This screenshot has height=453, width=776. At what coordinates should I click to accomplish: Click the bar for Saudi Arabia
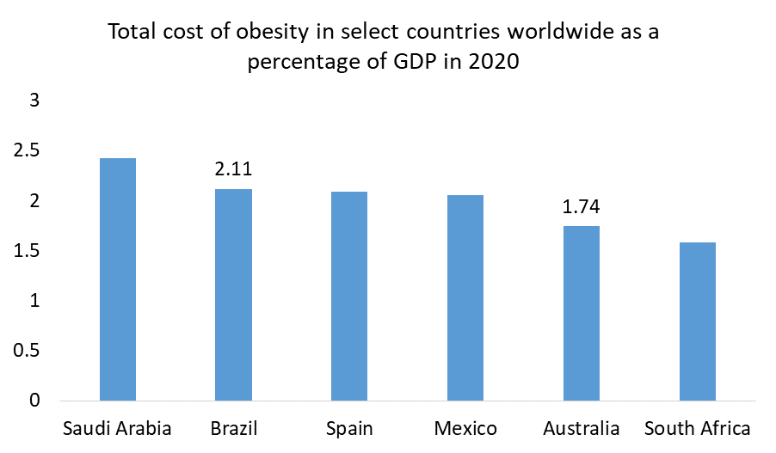click(x=118, y=279)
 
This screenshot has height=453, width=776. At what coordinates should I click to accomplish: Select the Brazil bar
click(x=233, y=295)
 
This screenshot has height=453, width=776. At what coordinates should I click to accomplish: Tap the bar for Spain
click(x=349, y=296)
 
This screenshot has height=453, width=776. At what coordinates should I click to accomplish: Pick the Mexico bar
click(x=465, y=297)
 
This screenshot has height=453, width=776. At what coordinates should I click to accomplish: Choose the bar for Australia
click(x=581, y=313)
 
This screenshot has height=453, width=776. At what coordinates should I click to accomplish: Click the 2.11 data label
click(x=233, y=169)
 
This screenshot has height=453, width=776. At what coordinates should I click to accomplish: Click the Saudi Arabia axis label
click(x=118, y=428)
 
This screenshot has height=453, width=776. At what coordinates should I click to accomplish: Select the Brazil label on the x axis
click(x=233, y=428)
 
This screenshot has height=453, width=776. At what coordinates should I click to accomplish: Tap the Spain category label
click(x=349, y=428)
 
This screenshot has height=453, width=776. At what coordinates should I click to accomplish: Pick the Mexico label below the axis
click(x=465, y=428)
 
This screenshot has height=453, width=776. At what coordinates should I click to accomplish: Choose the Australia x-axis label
click(x=581, y=428)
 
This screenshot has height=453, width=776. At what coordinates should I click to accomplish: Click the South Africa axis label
click(x=697, y=428)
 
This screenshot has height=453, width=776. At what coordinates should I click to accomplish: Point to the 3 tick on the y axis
click(x=35, y=101)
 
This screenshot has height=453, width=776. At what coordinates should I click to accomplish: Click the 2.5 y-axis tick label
click(x=28, y=150)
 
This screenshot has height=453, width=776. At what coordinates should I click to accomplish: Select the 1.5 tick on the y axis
click(x=28, y=251)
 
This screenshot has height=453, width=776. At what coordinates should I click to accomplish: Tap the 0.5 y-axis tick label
click(x=28, y=351)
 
